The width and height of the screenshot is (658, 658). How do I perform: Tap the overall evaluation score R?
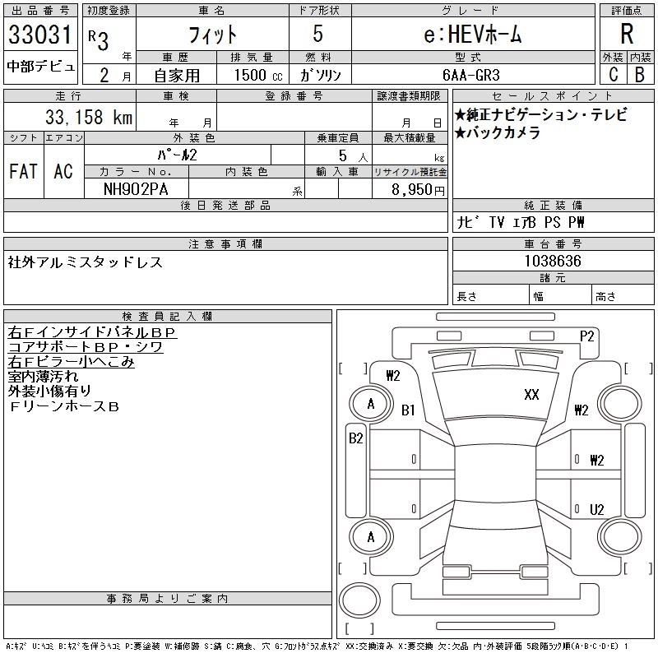pyautogui.click(x=627, y=34)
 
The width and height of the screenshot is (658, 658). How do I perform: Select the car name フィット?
pyautogui.click(x=212, y=35)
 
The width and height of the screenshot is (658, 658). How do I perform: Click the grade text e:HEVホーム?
pyautogui.click(x=472, y=35)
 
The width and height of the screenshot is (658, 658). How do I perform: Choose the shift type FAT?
pyautogui.click(x=23, y=171)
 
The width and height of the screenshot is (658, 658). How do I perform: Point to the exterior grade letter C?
pyautogui.click(x=613, y=75)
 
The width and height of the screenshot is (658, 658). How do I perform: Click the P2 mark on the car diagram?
pyautogui.click(x=586, y=335)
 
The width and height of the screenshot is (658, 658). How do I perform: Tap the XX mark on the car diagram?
pyautogui.click(x=531, y=395)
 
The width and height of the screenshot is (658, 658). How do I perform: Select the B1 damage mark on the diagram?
pyautogui.click(x=408, y=410)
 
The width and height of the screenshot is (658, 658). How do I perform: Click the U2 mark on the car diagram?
pyautogui.click(x=596, y=509)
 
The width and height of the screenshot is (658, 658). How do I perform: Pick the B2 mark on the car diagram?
pyautogui.click(x=355, y=438)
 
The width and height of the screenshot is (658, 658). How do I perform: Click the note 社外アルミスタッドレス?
pyautogui.click(x=86, y=262)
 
